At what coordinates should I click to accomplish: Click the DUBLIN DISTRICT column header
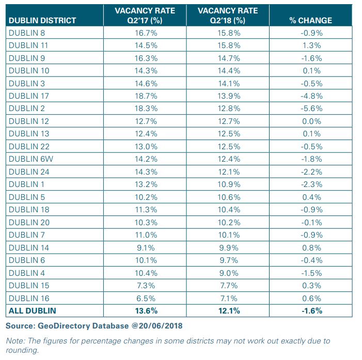[42, 21]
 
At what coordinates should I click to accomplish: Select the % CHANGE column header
[310, 21]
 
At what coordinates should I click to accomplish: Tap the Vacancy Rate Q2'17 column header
[145, 15]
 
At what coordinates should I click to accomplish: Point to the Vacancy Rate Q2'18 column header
[228, 15]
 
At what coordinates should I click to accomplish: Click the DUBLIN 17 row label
[29, 96]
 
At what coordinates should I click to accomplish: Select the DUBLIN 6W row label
[31, 159]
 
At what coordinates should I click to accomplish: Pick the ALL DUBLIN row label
[33, 310]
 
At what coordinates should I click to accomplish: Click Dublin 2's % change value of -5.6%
[311, 108]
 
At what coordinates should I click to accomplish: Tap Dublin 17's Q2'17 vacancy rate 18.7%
[146, 96]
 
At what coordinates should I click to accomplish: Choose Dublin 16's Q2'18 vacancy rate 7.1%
[229, 298]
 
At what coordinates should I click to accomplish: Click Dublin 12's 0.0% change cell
[311, 121]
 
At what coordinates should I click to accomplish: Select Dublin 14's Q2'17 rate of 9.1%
[146, 247]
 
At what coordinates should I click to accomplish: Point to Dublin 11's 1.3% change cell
[312, 45]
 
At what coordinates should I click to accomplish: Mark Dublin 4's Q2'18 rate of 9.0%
[229, 273]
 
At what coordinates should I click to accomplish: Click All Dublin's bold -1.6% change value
[312, 310]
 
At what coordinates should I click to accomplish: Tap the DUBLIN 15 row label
[29, 286]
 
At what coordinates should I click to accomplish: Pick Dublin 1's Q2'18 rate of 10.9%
[229, 184]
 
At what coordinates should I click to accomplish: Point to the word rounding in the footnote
[22, 350]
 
